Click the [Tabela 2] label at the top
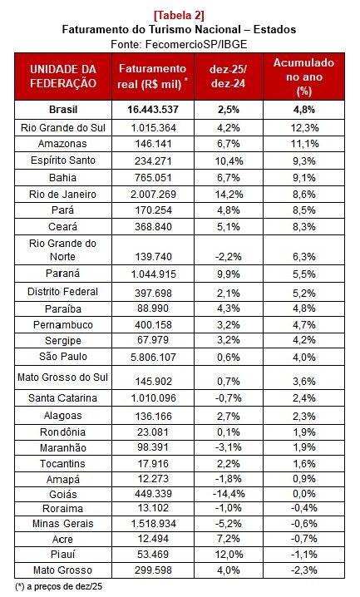[x=179, y=14]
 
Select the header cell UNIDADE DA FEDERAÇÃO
[x=63, y=76]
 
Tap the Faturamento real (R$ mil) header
[x=152, y=76]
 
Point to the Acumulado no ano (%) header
[x=303, y=76]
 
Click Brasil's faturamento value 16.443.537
[x=152, y=110]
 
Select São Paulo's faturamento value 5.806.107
[x=152, y=358]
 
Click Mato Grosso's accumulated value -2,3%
[x=303, y=570]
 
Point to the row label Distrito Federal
[x=63, y=292]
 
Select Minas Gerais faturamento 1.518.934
[x=152, y=523]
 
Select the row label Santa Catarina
[x=63, y=398]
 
